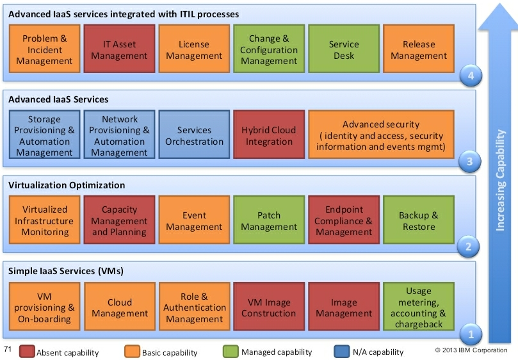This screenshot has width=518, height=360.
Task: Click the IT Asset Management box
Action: (x=120, y=50)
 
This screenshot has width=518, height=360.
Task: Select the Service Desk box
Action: (x=344, y=50)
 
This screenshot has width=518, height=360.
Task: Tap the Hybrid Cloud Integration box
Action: (x=269, y=135)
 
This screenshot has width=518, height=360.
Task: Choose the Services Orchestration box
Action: (x=194, y=135)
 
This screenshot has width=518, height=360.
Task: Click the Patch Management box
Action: (x=269, y=221)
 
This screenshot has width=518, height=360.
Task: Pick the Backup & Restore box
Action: (x=419, y=221)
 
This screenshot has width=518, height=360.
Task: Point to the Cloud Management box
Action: (x=120, y=307)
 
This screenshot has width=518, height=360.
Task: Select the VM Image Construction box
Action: (x=269, y=307)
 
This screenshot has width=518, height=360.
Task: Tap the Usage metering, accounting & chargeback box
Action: (x=419, y=307)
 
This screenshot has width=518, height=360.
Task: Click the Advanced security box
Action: (x=381, y=135)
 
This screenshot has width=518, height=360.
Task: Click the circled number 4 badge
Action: (x=471, y=76)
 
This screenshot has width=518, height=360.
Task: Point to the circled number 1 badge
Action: (x=471, y=333)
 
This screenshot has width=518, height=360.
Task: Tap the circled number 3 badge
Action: (x=471, y=161)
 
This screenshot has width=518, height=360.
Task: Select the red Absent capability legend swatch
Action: (x=27, y=351)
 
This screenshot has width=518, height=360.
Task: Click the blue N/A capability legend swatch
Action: (x=341, y=351)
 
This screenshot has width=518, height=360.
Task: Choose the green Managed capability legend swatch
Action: (x=231, y=351)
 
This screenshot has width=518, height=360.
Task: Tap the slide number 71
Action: (x=8, y=349)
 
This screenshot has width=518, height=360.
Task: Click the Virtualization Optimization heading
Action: (x=67, y=185)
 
